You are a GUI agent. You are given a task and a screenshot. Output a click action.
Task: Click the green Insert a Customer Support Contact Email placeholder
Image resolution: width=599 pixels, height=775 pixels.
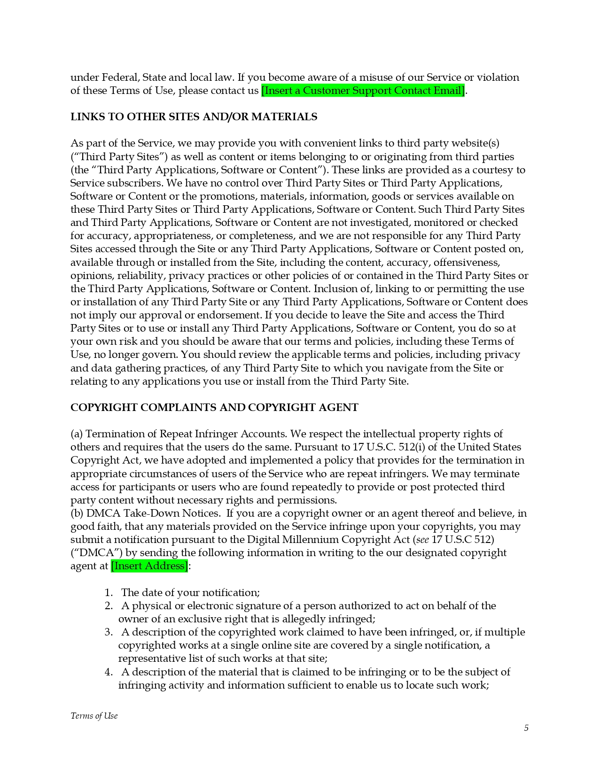[363, 91]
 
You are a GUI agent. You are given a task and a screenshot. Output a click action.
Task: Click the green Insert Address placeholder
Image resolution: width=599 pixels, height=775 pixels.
[149, 566]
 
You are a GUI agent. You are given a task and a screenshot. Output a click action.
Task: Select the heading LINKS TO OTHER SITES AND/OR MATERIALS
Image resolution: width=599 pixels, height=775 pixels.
[194, 117]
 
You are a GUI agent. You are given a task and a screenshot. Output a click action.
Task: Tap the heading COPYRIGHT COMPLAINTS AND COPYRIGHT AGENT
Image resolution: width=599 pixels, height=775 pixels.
[214, 408]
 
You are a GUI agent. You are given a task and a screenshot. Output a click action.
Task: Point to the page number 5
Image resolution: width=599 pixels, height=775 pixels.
[526, 728]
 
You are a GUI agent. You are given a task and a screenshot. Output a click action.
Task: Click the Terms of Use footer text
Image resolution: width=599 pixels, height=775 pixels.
[94, 716]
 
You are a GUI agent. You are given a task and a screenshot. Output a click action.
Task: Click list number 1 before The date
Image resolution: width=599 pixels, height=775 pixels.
[109, 593]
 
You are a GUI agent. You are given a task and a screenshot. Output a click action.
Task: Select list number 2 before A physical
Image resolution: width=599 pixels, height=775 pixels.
[109, 606]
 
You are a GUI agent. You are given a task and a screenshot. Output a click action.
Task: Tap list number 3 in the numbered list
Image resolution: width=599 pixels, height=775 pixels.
[109, 632]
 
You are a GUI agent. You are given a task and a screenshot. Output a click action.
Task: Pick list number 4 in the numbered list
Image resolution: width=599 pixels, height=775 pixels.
[109, 672]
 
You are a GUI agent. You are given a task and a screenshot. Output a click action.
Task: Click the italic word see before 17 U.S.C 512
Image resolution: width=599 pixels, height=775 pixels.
[422, 540]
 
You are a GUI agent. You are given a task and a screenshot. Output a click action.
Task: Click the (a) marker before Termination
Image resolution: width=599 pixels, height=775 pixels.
[77, 434]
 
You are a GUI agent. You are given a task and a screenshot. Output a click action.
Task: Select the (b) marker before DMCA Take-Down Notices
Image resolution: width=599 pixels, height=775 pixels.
[77, 513]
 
